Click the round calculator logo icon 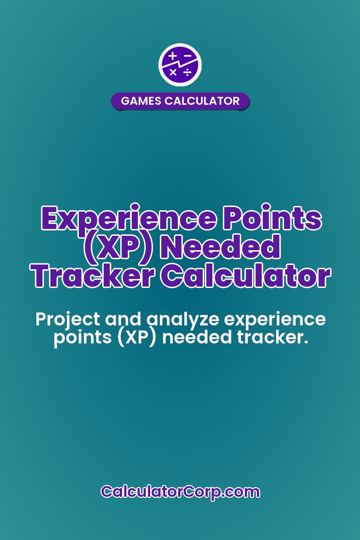click(x=180, y=65)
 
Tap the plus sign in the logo click(x=173, y=56)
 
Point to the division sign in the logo click(x=188, y=73)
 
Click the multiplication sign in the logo click(x=173, y=72)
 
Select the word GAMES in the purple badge click(x=141, y=101)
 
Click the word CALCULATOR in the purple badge click(x=202, y=101)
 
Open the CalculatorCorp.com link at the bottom click(x=180, y=491)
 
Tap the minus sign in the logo click(x=188, y=56)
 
